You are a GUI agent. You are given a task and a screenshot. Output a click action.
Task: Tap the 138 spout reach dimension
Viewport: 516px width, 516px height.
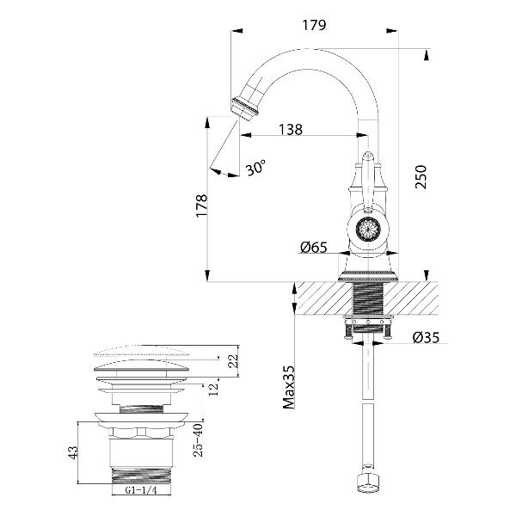291,130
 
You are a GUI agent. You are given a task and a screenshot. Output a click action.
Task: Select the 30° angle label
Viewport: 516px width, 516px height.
255,169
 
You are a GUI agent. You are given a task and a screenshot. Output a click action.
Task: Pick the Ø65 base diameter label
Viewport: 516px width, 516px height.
314,248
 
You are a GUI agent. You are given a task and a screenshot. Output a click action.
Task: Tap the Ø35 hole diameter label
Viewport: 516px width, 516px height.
427,337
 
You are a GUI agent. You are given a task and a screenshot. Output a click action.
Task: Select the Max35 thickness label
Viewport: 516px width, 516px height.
290,388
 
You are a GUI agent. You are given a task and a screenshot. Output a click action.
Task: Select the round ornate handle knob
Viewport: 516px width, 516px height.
368,230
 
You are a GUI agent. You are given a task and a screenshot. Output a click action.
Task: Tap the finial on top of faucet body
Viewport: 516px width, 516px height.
367,160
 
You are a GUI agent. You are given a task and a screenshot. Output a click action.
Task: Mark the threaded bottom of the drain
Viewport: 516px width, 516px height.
141,474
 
